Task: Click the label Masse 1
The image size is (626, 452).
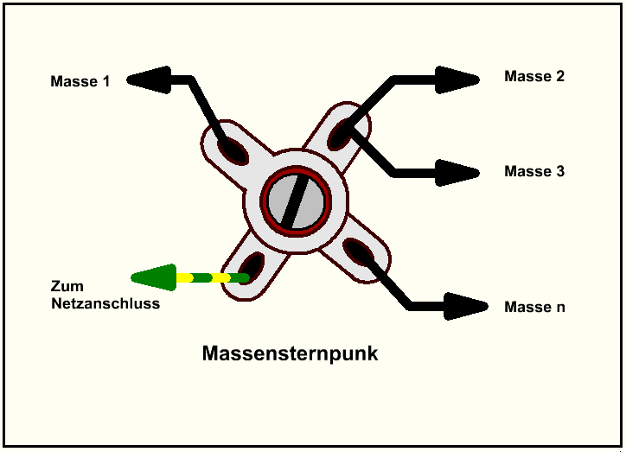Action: (x=80, y=82)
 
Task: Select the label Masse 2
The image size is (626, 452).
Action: (x=533, y=76)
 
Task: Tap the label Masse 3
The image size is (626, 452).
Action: (x=533, y=171)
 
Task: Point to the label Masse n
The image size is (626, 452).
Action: (x=533, y=307)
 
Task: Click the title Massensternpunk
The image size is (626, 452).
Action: (x=290, y=354)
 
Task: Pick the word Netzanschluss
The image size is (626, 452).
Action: (x=105, y=303)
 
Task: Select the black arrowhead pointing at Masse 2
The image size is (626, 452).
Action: (x=458, y=80)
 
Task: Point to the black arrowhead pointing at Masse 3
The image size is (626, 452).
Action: (x=458, y=172)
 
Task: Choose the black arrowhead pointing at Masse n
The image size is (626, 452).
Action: (x=467, y=305)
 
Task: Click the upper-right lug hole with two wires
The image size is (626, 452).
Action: (x=340, y=134)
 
